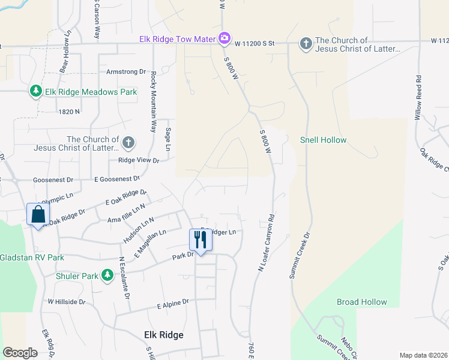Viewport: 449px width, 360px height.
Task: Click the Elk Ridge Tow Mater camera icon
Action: (224, 39)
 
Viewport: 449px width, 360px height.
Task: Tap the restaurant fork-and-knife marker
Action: (200, 240)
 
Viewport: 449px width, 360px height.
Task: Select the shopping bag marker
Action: (37, 214)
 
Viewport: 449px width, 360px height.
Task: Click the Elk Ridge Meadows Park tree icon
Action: (35, 91)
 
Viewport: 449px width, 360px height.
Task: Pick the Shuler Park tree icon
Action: (107, 275)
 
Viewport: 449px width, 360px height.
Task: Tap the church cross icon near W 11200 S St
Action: (306, 43)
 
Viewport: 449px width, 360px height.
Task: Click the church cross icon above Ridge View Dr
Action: (128, 143)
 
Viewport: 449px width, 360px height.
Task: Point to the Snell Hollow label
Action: (323, 140)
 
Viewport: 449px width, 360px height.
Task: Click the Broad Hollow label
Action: (361, 302)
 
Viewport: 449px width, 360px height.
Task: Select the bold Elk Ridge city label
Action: (164, 335)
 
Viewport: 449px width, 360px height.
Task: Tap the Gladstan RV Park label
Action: (31, 257)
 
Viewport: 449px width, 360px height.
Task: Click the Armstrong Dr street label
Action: (126, 71)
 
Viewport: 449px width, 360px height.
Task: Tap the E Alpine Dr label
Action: (173, 305)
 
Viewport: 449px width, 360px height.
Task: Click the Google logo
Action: (20, 353)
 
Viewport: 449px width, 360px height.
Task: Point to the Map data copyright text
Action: (423, 355)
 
